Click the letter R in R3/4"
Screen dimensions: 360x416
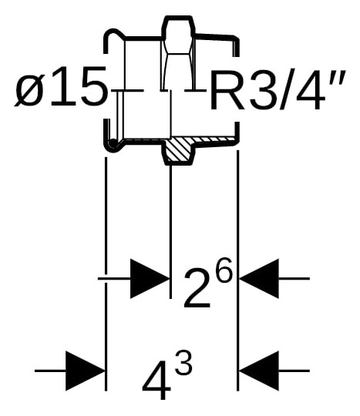(x=227, y=89)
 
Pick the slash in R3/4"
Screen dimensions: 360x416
(x=285, y=89)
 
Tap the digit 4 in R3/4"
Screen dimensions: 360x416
(x=310, y=89)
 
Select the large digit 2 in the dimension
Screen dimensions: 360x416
(x=197, y=288)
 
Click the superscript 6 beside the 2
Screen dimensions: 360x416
(x=223, y=270)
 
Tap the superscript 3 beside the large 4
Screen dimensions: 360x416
(x=183, y=362)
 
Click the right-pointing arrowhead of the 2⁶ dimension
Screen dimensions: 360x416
(x=150, y=279)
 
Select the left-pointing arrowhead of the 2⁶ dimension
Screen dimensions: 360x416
(x=259, y=279)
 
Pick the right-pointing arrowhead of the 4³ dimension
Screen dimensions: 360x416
(x=86, y=371)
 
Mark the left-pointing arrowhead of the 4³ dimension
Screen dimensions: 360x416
(x=259, y=371)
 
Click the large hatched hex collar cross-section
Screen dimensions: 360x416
(x=178, y=150)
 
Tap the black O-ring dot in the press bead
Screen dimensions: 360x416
(x=113, y=143)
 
